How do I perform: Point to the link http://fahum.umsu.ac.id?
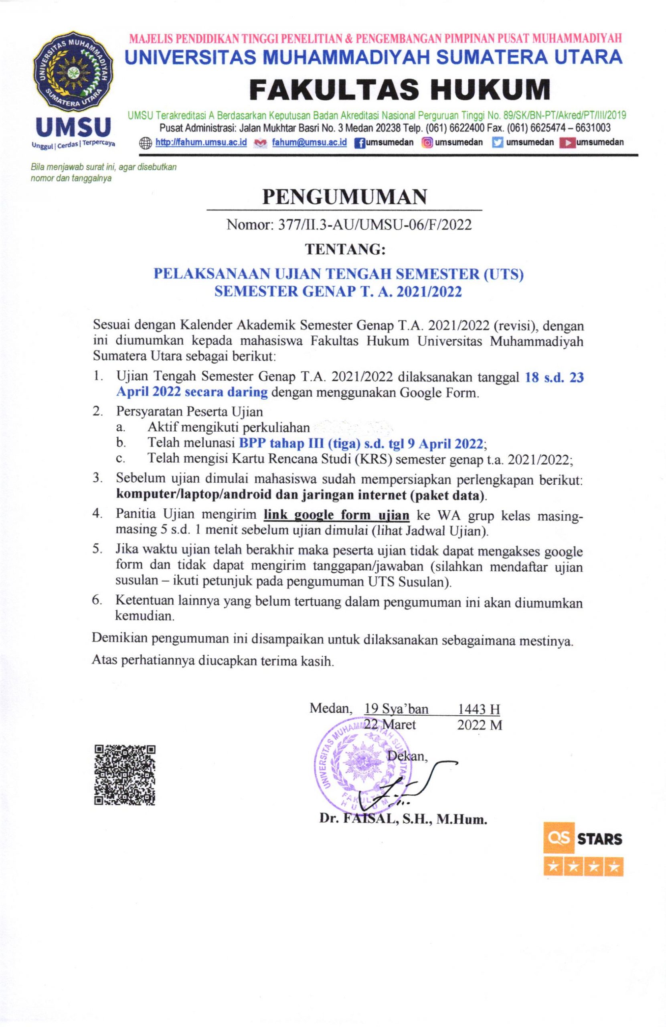tap(200, 143)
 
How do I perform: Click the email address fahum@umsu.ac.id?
tap(309, 143)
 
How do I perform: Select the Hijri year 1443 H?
tap(479, 709)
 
